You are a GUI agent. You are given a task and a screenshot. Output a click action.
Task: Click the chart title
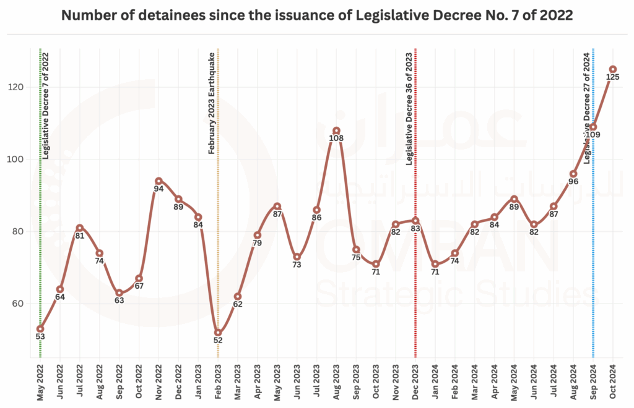316,17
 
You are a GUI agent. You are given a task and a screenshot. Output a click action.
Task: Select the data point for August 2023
336,130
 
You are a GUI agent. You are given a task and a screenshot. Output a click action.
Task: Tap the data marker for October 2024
613,69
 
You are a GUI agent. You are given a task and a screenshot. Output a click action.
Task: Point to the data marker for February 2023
218,333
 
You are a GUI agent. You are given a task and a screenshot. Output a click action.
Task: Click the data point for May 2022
40,329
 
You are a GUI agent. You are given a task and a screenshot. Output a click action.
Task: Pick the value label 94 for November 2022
158,189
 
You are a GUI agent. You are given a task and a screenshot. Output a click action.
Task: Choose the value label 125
613,77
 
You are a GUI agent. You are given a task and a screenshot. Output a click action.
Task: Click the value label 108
336,138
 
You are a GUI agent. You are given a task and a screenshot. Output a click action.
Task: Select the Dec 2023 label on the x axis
415,382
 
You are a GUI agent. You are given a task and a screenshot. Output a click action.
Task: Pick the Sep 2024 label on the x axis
593,382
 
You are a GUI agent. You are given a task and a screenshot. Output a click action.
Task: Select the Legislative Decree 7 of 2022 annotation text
46,106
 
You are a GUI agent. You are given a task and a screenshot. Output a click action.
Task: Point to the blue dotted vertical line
593,247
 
